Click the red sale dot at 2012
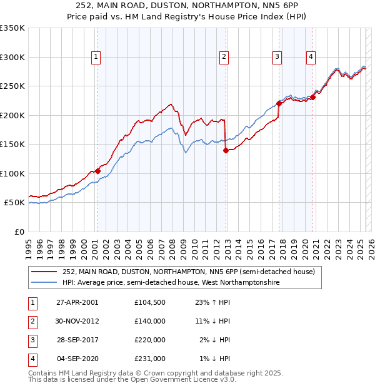tap(226, 150)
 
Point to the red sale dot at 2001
tap(98, 171)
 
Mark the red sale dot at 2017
tap(279, 104)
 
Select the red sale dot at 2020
tap(312, 97)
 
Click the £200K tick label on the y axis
tap(12, 115)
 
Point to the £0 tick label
tap(19, 232)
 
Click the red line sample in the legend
tap(45, 272)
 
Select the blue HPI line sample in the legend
tap(45, 283)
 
